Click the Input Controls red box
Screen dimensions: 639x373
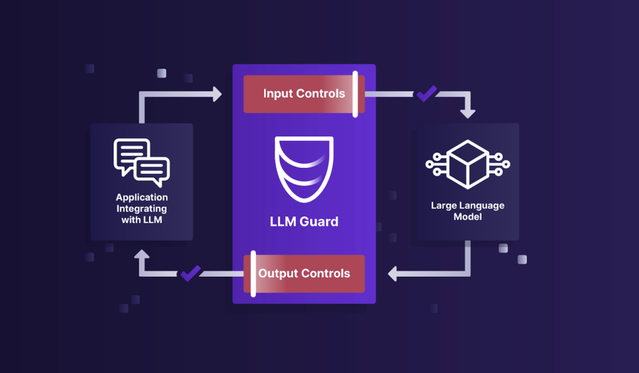(x=304, y=94)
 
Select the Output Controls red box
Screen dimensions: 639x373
(x=304, y=274)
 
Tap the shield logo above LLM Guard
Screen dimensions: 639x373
(x=304, y=169)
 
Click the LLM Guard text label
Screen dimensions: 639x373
(x=304, y=222)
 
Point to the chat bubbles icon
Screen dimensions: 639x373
(x=142, y=162)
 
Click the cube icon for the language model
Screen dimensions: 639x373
(x=468, y=164)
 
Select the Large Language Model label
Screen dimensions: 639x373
(x=468, y=211)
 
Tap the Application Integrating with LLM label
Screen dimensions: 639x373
(x=142, y=208)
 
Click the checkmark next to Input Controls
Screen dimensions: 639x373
(x=427, y=94)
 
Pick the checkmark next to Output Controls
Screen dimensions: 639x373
(x=190, y=274)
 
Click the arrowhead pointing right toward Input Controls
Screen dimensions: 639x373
(x=217, y=94)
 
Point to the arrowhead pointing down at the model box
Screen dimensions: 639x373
(x=468, y=114)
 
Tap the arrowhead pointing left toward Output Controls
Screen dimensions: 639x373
(x=393, y=274)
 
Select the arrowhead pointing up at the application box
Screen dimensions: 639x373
(x=142, y=254)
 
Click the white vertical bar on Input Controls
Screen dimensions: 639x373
(x=355, y=94)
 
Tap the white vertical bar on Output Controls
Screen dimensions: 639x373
(x=253, y=274)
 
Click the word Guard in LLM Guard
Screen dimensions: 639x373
(x=319, y=222)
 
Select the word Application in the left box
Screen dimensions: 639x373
(x=142, y=197)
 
